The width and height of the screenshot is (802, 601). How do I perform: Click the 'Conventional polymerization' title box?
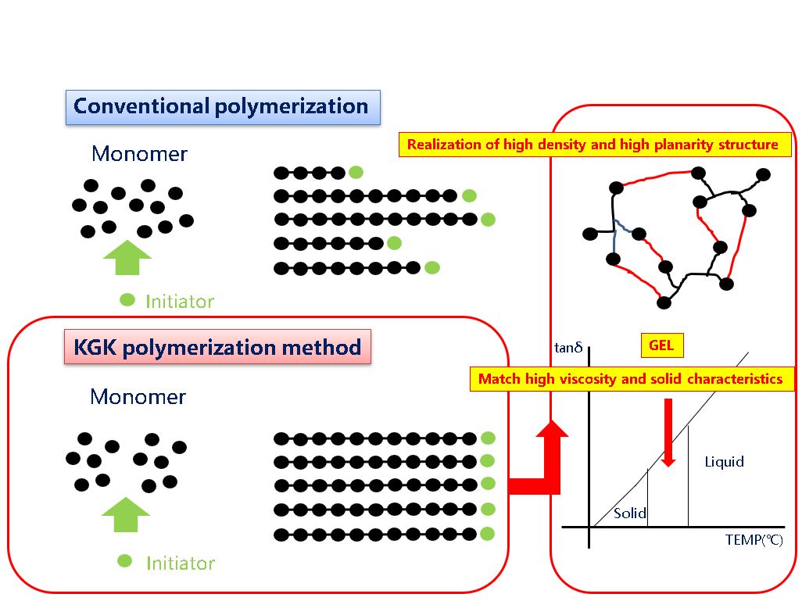[223, 107]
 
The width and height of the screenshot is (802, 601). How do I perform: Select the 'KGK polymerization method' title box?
[217, 347]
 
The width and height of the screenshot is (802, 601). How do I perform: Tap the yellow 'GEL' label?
[662, 345]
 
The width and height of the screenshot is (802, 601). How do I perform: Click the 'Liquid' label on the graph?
[725, 462]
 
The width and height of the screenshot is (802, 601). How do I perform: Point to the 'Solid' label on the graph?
[629, 513]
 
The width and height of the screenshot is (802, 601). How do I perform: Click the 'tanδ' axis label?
[568, 348]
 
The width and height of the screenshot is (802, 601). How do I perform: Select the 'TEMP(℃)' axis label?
[754, 539]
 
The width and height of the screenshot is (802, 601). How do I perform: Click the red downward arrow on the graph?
[668, 432]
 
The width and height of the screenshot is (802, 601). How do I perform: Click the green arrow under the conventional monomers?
[127, 258]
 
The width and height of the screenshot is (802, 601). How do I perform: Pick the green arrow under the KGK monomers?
[126, 514]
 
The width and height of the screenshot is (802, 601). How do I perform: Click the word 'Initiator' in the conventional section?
[180, 302]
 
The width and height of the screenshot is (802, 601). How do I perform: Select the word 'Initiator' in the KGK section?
[181, 563]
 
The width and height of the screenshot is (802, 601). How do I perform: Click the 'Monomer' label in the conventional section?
[140, 154]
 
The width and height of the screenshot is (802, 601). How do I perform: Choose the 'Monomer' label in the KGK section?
[138, 397]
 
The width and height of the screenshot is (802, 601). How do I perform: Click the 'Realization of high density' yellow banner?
[595, 145]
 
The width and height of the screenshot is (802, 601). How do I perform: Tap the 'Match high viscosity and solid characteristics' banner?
[632, 379]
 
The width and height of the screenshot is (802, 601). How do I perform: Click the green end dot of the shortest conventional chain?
[356, 173]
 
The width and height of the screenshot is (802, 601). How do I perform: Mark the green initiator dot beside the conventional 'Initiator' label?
[127, 300]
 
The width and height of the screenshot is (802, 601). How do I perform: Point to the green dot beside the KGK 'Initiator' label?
[125, 561]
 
